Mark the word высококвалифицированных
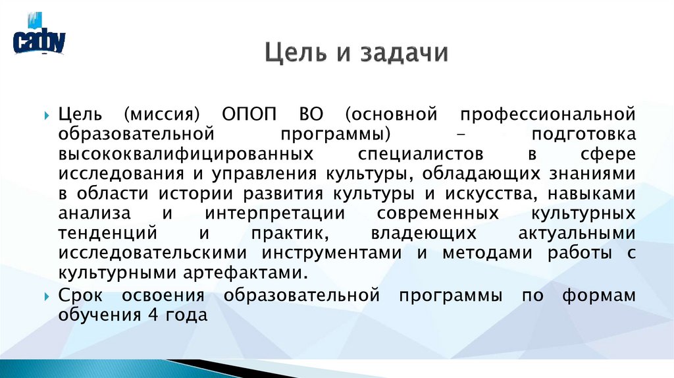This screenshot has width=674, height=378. (184, 153)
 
